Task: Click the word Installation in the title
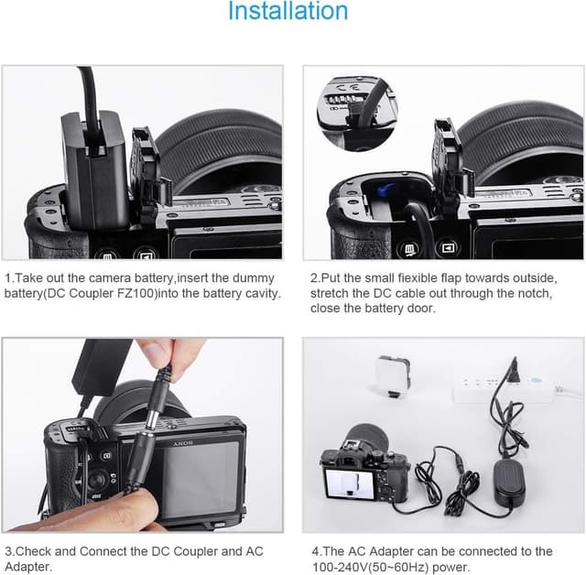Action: (x=288, y=13)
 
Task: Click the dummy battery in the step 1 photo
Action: (x=92, y=170)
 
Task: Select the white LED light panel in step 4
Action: (x=395, y=376)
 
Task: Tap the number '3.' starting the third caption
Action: (x=9, y=551)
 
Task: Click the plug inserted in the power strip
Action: (x=515, y=374)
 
